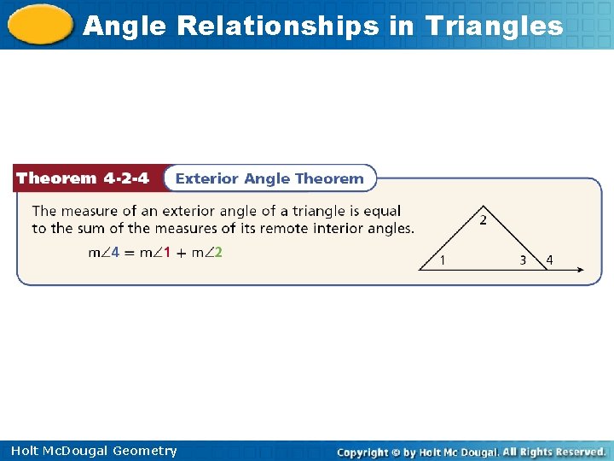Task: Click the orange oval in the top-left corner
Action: tap(39, 25)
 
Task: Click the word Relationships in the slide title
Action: tap(277, 26)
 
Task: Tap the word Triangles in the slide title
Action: tap(495, 26)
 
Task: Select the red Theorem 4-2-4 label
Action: tap(83, 178)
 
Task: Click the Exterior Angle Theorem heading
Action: tap(269, 178)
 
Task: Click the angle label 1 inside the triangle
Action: tap(441, 260)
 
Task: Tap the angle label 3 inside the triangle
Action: tap(523, 260)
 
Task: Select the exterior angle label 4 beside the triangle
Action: tap(549, 260)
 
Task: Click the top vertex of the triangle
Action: tap(483, 206)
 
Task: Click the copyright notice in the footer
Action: tap(471, 452)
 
